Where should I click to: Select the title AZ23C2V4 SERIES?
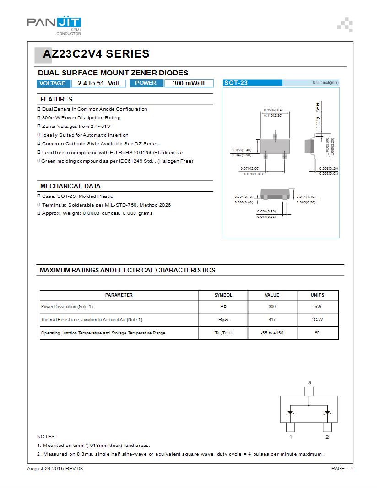coord(96,54)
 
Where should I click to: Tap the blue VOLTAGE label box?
coord(53,83)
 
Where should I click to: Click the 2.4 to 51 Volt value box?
coord(98,83)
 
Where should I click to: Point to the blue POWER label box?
coord(146,83)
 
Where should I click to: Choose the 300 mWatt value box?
coord(189,83)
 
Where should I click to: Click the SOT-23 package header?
coord(236,83)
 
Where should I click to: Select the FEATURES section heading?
coord(56,99)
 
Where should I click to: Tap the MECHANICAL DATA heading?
coord(70,186)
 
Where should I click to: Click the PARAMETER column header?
coord(119,295)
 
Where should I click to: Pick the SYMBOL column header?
coord(223,295)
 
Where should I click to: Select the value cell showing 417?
coord(272,320)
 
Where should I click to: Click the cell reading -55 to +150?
coord(272,333)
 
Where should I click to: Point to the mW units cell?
coord(317,307)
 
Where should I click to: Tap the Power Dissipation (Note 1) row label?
coord(67,307)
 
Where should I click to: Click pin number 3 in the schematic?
coord(309,382)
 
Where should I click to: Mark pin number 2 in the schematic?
coord(327,437)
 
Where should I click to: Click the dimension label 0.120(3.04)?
coord(273,110)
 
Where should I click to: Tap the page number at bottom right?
coord(342,469)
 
